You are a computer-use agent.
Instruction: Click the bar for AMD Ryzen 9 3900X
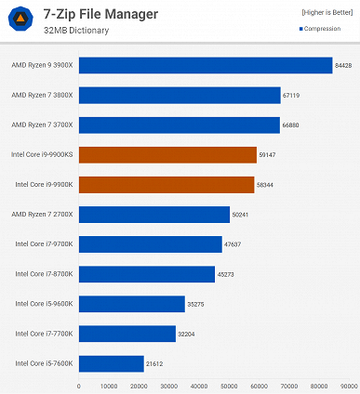click(205, 65)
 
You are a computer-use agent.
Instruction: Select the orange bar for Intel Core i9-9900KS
click(167, 154)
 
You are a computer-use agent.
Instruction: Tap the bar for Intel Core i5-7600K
click(111, 363)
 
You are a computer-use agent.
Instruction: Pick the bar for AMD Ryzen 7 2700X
click(153, 215)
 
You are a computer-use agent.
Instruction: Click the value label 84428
click(344, 65)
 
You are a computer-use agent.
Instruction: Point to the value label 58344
click(266, 185)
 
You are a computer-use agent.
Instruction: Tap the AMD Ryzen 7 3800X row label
click(42, 95)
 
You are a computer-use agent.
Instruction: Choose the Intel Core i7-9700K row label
click(44, 244)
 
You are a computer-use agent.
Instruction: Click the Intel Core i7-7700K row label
click(44, 334)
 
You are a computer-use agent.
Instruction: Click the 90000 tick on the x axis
click(349, 385)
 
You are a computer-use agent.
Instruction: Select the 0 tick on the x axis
click(79, 385)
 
